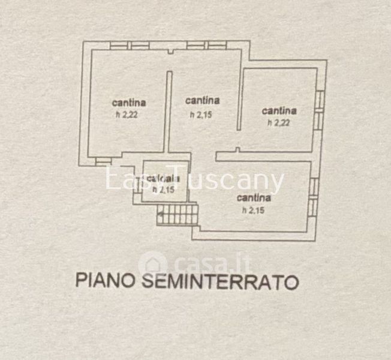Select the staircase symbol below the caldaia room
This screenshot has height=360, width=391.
pos(177,214)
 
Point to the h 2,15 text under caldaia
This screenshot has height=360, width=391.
pos(163,190)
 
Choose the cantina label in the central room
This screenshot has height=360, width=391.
pos(203,100)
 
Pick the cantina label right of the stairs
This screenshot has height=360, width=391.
pos(254,197)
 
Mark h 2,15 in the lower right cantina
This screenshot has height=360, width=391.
pos(252,209)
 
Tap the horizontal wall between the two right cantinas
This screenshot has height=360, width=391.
pos(264,158)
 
